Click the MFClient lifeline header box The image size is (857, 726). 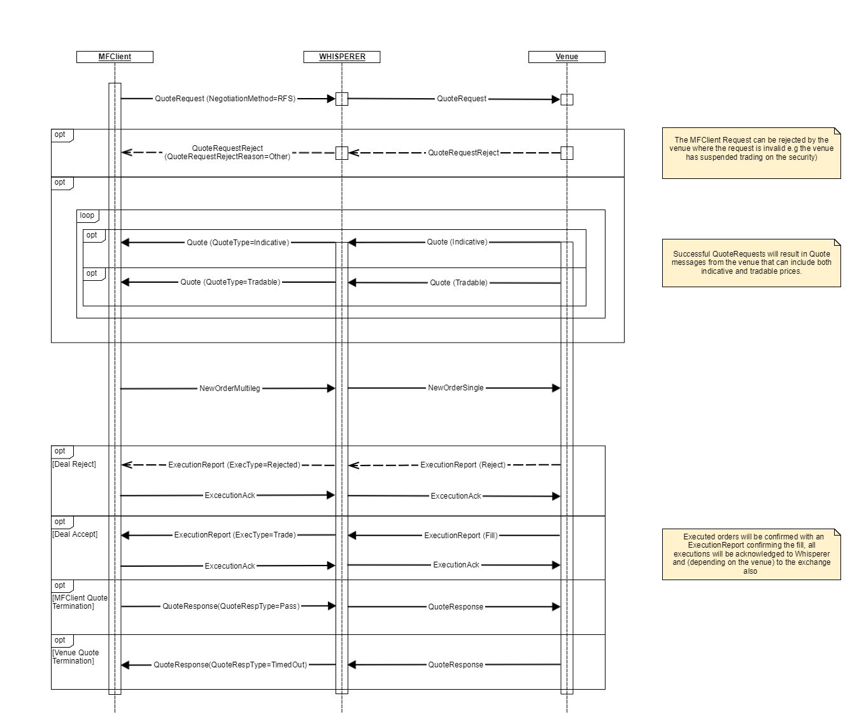(x=115, y=57)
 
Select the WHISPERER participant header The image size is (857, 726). (x=342, y=57)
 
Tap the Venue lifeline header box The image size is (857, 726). (x=567, y=57)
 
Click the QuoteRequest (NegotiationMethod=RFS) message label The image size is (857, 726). (x=225, y=99)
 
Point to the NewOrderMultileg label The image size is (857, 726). (x=230, y=388)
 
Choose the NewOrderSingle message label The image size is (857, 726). (x=456, y=387)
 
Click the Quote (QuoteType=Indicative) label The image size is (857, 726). (x=237, y=242)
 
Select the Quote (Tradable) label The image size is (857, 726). (x=458, y=283)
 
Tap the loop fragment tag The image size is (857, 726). (x=87, y=215)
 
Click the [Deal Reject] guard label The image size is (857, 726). (x=74, y=464)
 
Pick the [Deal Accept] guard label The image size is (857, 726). (x=75, y=534)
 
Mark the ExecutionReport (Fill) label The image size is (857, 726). (x=461, y=536)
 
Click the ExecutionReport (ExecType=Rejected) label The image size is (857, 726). (x=234, y=465)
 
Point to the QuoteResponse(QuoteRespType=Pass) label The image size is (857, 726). (x=230, y=606)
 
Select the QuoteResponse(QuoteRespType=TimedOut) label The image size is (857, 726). (x=230, y=665)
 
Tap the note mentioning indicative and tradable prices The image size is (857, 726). (x=751, y=262)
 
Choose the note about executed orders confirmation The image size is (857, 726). (x=751, y=554)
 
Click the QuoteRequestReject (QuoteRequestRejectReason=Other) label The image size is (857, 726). (x=227, y=152)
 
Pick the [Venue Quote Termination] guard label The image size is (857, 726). (x=76, y=657)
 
